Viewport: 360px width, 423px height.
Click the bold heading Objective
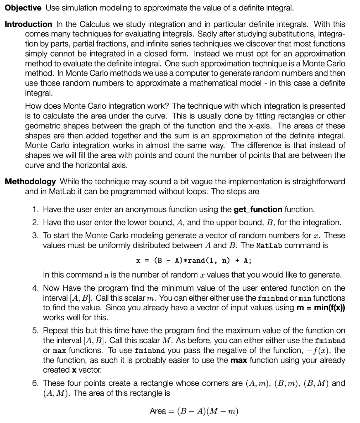[23, 8]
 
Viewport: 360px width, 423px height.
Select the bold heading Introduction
[28, 24]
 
